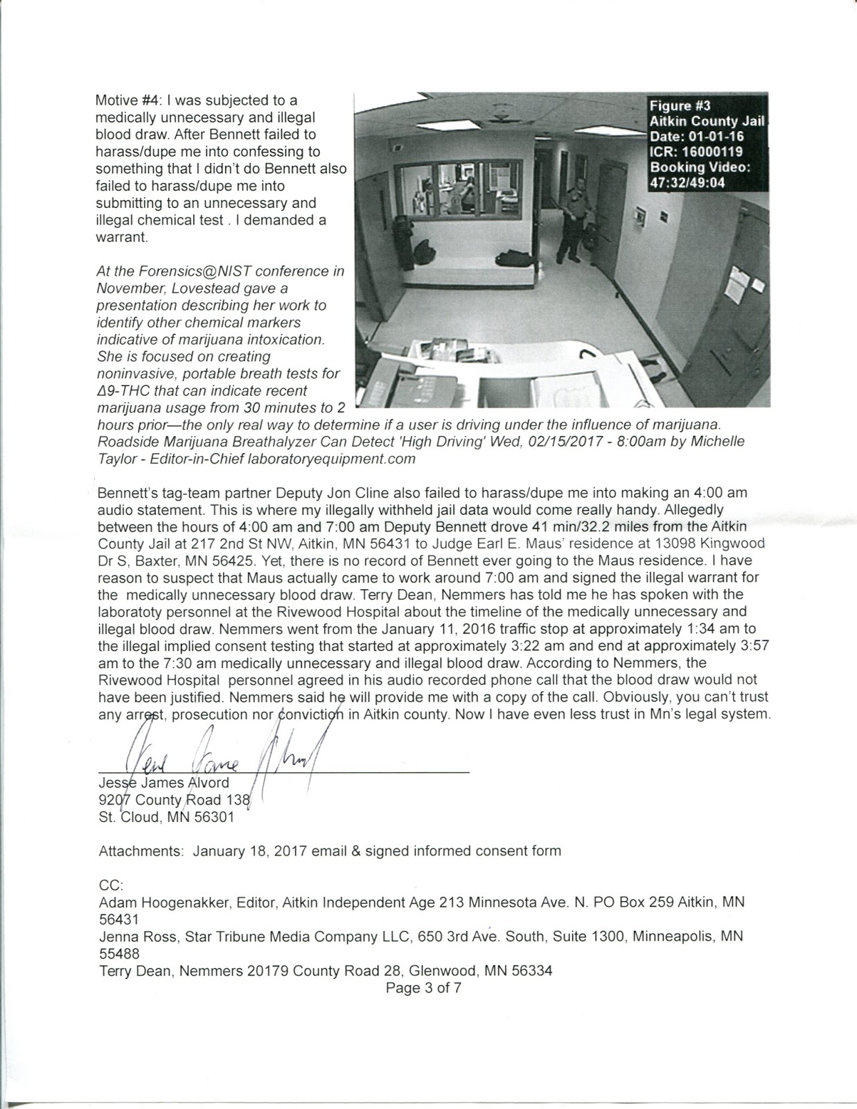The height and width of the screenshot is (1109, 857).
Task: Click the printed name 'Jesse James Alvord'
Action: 164,783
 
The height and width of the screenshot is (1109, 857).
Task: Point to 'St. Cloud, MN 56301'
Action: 166,817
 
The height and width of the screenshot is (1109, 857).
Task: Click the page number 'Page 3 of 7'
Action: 423,988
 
